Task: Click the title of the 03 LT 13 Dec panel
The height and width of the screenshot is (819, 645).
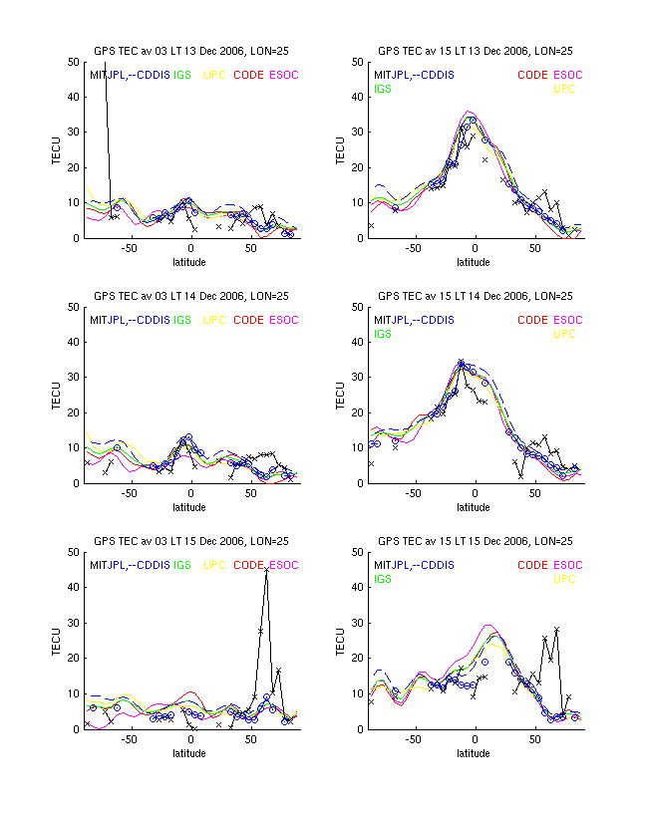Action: (191, 51)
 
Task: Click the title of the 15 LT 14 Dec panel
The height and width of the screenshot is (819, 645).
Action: (475, 296)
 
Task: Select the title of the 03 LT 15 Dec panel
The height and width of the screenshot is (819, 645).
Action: (191, 541)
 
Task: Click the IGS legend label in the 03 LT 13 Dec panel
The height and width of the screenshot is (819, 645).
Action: (183, 75)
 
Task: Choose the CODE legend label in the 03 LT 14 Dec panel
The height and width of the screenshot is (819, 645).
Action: (248, 320)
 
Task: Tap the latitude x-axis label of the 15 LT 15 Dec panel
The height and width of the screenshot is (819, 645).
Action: (475, 753)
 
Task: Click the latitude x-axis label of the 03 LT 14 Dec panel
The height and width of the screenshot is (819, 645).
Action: (190, 508)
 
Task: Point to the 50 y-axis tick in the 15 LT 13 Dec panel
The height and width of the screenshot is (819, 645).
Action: (356, 63)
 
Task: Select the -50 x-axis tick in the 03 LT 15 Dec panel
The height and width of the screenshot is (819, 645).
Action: (129, 740)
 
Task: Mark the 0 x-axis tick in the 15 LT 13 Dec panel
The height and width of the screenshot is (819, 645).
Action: (475, 250)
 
